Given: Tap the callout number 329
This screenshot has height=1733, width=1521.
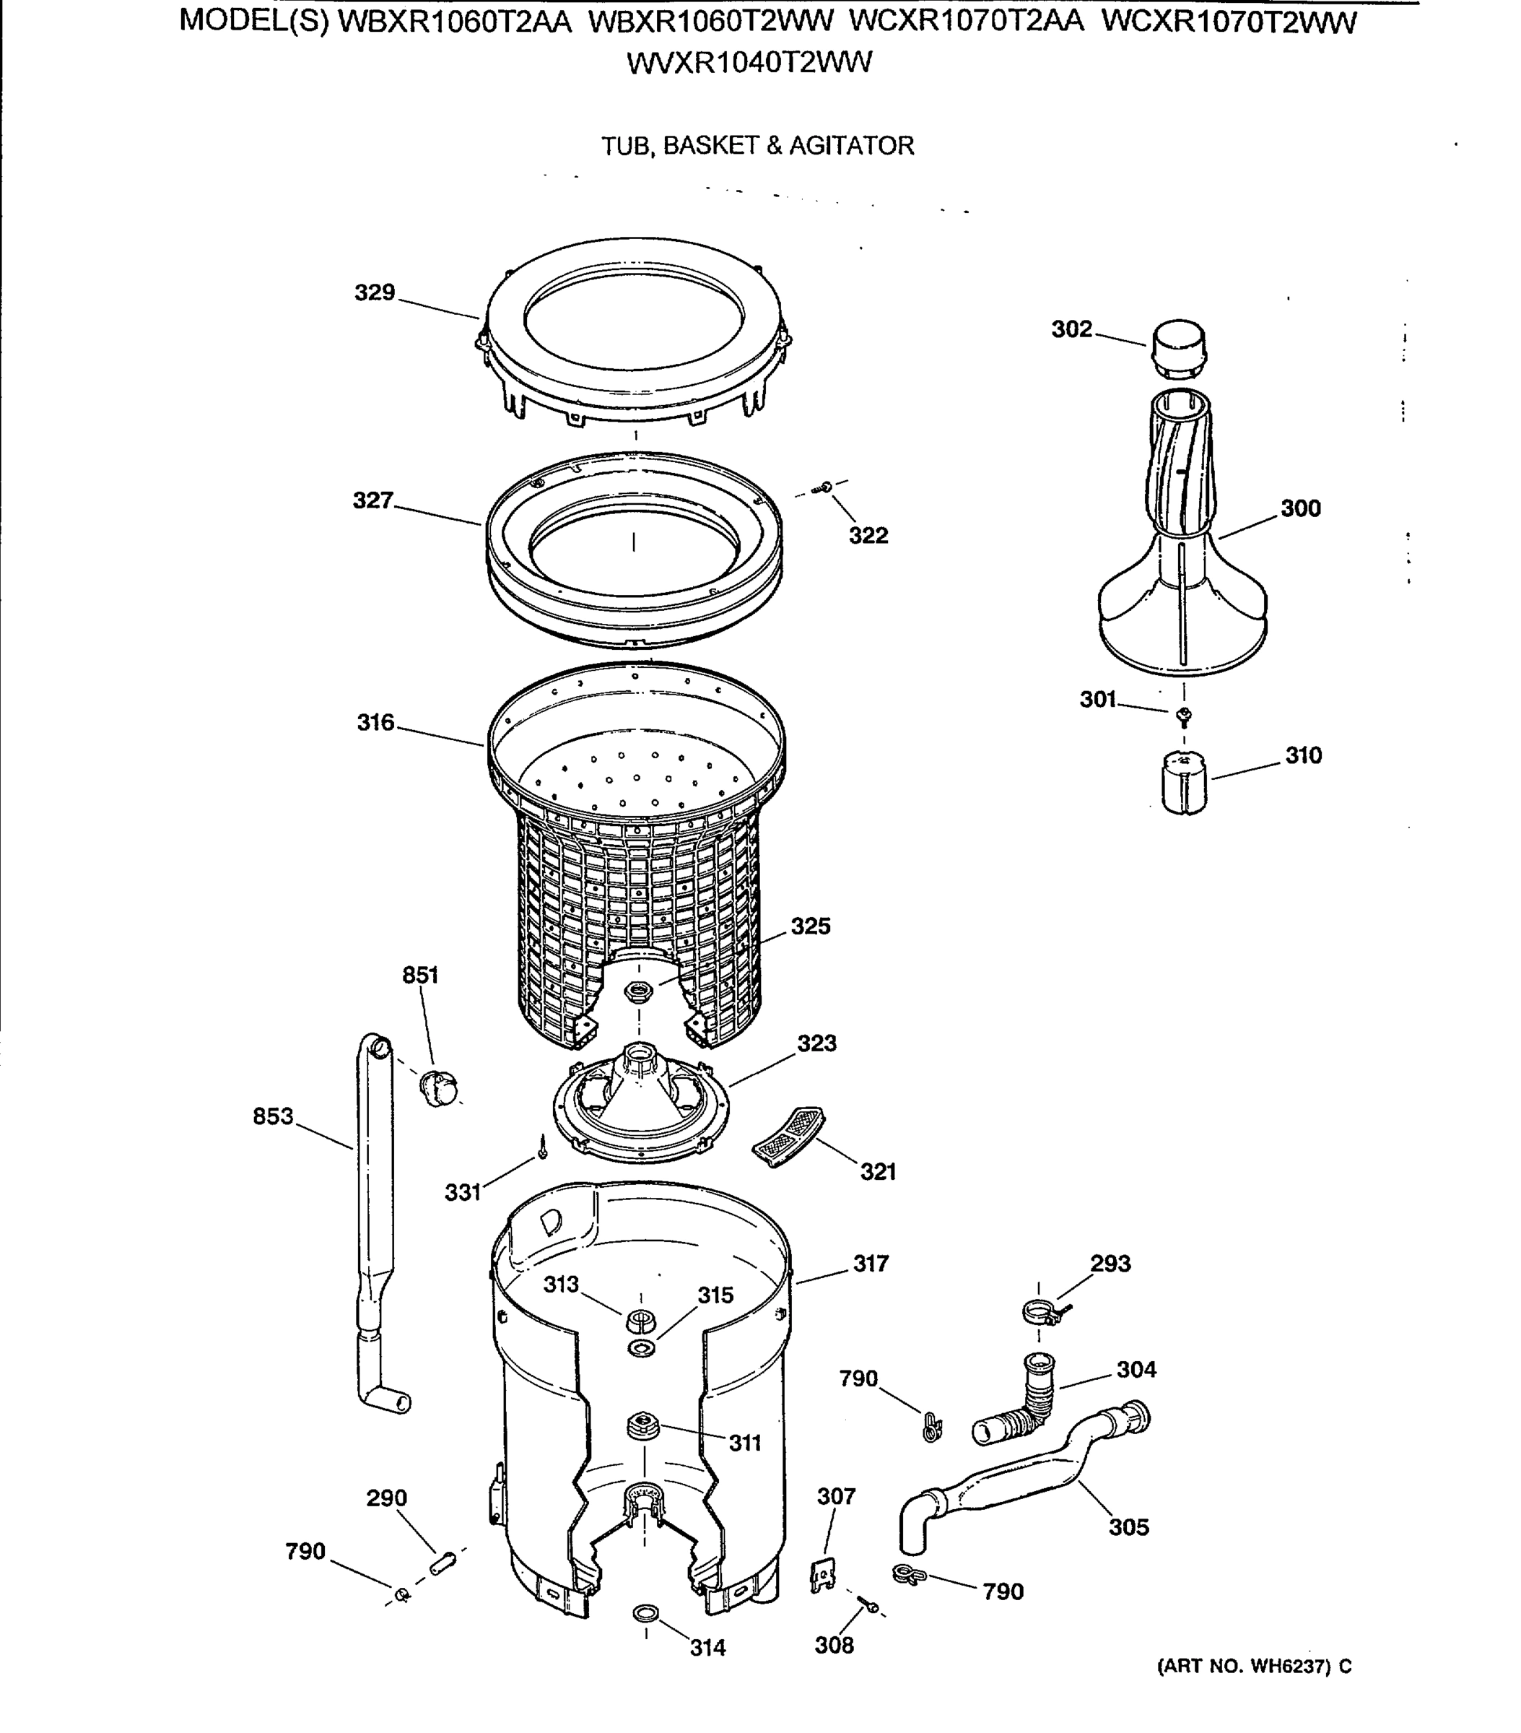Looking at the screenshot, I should tap(375, 292).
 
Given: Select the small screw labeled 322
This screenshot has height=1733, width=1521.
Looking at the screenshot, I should tap(825, 487).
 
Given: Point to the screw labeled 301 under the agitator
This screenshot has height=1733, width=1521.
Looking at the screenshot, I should tap(1185, 717).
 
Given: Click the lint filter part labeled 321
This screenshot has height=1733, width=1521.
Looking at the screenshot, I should tap(788, 1136).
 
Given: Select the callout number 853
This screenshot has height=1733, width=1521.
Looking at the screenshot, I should tap(272, 1116).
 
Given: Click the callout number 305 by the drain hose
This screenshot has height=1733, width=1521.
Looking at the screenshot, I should tap(1128, 1527).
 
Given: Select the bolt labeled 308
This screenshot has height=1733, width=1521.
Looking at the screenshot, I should tap(866, 1605).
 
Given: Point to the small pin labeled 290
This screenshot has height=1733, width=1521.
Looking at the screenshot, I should tap(443, 1562).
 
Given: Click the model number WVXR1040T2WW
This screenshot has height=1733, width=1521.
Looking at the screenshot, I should tap(749, 64).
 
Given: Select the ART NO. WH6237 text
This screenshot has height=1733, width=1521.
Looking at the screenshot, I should tap(1253, 1666).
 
